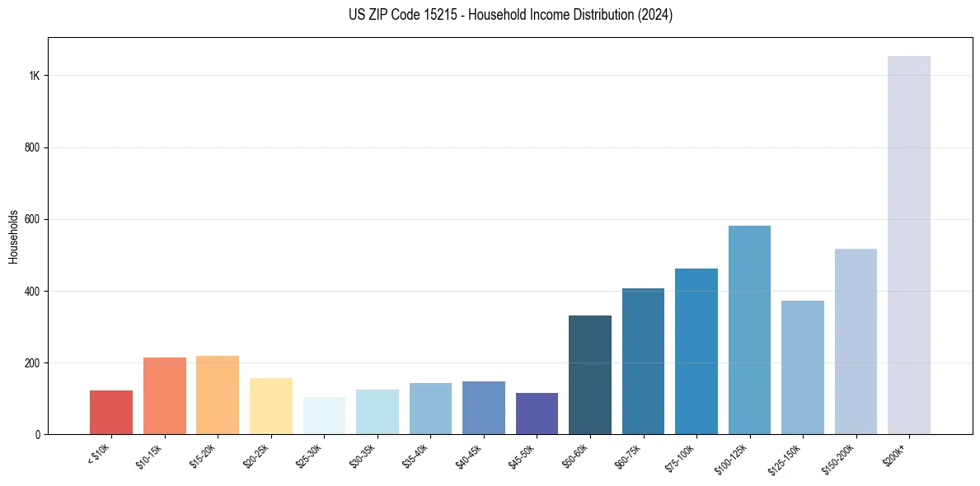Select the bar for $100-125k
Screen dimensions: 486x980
coord(749,329)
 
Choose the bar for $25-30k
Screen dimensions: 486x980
coord(324,416)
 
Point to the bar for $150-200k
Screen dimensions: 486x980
coord(856,342)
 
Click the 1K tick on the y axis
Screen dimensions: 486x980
coord(35,76)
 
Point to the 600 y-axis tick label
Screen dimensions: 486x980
coord(32,219)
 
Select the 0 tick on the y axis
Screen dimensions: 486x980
coord(37,434)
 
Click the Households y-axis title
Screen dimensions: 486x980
coord(13,236)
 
